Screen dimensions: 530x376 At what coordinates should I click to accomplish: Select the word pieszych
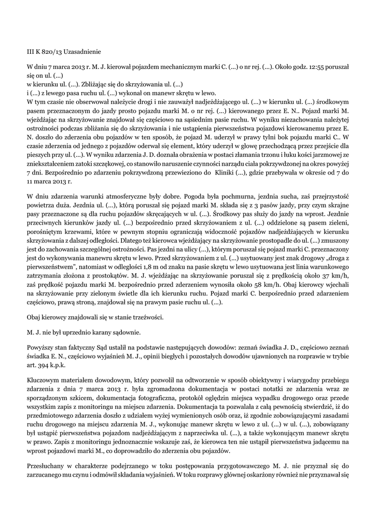(39, 154)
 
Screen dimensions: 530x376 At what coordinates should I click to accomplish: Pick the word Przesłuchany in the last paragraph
(49, 463)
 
